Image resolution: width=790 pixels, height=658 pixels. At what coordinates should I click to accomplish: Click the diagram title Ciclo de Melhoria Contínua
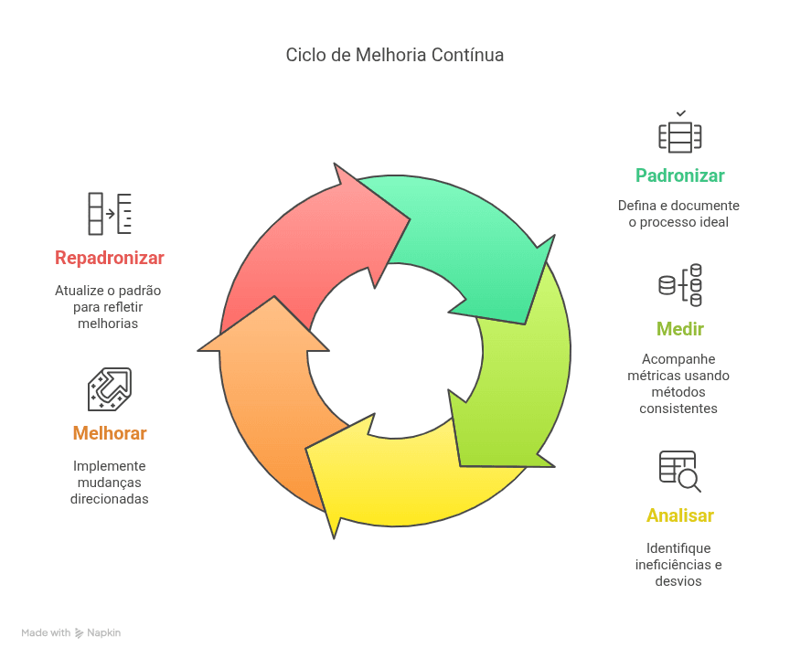[x=394, y=55]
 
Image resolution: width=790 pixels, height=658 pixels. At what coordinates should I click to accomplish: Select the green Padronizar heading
[x=679, y=175]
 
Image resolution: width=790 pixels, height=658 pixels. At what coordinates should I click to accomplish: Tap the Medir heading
[x=679, y=329]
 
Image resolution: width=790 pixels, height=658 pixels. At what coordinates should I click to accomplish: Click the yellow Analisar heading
[x=679, y=515]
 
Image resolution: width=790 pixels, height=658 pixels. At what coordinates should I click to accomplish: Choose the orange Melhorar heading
[x=110, y=433]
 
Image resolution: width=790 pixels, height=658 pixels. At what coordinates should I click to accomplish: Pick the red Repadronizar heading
[x=110, y=258]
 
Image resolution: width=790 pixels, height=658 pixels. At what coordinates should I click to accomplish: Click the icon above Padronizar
[x=680, y=132]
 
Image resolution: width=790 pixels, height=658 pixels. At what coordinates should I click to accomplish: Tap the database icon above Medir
[x=680, y=285]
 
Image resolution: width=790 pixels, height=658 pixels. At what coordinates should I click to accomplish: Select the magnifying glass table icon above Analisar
[x=680, y=472]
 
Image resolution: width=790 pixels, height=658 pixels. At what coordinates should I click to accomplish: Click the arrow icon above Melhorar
[x=110, y=389]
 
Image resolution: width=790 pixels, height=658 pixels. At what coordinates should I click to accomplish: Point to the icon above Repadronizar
[x=110, y=214]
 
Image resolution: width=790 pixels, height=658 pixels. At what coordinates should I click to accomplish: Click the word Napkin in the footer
[x=104, y=632]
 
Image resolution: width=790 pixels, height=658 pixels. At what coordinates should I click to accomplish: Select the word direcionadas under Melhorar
[x=110, y=499]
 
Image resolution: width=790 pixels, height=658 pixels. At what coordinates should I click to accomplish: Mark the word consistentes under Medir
[x=678, y=409]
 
